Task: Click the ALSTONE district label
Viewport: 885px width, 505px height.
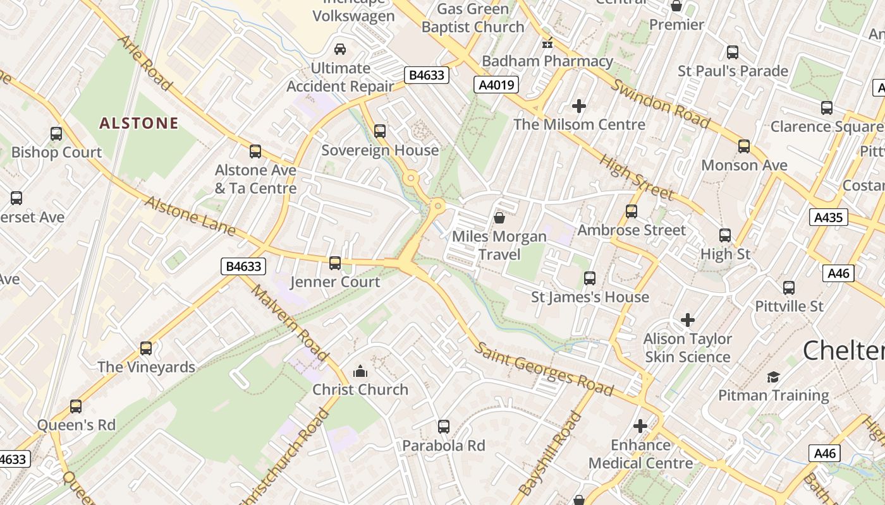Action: point(139,123)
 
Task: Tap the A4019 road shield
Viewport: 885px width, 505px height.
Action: point(496,85)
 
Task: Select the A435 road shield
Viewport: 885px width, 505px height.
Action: point(828,218)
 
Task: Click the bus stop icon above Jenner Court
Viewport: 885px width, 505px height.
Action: point(335,263)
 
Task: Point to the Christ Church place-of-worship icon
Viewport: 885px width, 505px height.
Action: point(360,371)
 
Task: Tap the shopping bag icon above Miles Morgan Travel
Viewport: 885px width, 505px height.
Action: point(499,218)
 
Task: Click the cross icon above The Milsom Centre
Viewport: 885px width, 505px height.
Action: point(579,106)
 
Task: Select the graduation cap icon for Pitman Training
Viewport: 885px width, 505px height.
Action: point(773,377)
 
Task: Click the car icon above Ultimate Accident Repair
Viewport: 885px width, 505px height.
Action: point(340,49)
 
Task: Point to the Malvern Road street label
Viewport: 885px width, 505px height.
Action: point(290,323)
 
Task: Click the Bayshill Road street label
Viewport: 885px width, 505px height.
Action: point(550,453)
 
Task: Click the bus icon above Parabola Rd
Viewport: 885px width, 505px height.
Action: point(444,427)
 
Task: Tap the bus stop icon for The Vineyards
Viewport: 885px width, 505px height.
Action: point(146,348)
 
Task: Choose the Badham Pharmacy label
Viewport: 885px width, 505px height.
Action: point(547,61)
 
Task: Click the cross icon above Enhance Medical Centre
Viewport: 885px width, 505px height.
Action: point(640,426)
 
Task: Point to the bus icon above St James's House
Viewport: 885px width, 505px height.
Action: point(590,278)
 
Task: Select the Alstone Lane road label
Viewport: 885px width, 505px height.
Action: point(190,216)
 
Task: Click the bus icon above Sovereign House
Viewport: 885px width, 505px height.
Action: point(380,131)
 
